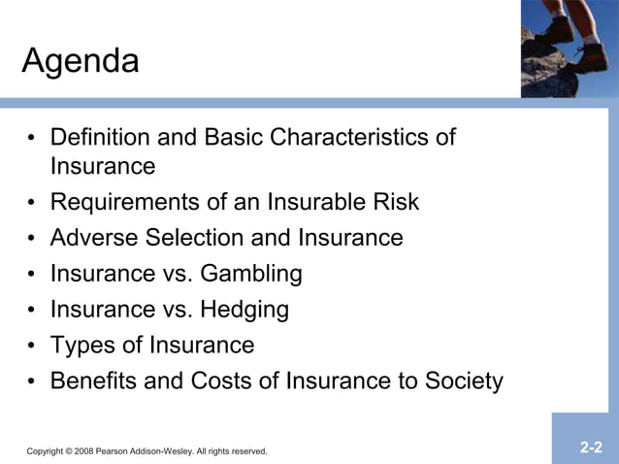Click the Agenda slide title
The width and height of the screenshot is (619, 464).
click(x=81, y=63)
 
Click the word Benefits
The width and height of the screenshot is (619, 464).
click(x=95, y=381)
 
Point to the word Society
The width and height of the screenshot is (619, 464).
click(x=463, y=381)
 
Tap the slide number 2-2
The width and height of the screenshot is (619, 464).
click(x=591, y=447)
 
